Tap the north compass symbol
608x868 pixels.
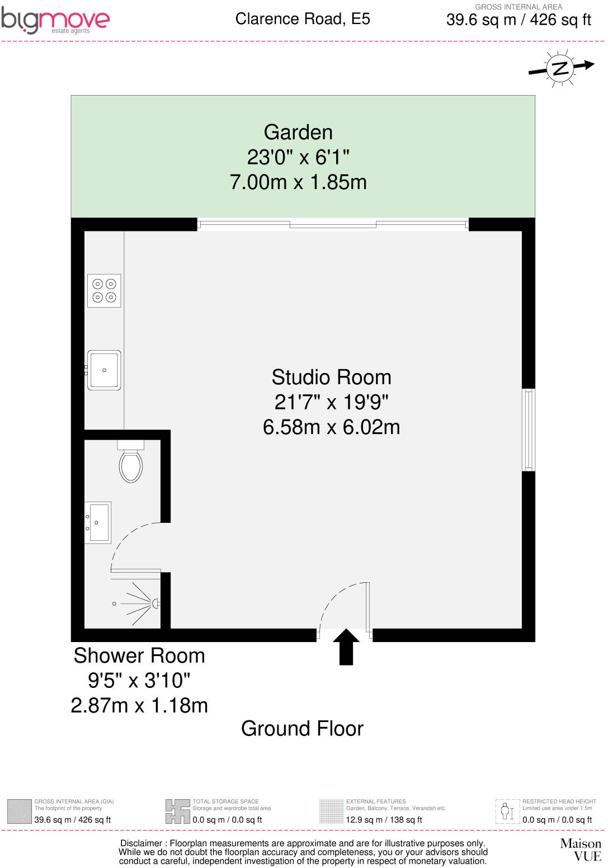[560, 68]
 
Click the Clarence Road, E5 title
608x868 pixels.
[303, 19]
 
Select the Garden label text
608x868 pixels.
[298, 133]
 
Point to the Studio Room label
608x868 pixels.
[331, 378]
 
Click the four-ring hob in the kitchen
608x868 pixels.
[104, 291]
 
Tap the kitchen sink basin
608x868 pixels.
[105, 370]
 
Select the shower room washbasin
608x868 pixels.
[98, 522]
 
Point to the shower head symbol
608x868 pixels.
[155, 603]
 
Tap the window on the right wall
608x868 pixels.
[528, 430]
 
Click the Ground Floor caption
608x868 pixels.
[302, 729]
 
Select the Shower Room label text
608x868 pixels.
[139, 656]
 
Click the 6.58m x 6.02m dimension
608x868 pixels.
[331, 427]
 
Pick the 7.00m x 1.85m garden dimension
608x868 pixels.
[298, 182]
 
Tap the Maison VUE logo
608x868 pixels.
[581, 849]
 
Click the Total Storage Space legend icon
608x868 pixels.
[177, 812]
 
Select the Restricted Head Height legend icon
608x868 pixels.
[507, 812]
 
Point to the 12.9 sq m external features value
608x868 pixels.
[384, 820]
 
